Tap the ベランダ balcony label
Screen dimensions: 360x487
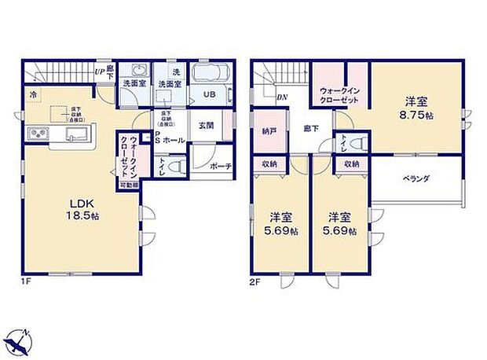[416, 179]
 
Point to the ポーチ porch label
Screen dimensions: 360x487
[220, 167]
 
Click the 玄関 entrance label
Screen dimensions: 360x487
[207, 126]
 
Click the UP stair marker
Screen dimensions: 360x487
[100, 72]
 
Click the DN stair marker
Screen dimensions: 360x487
[281, 97]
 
